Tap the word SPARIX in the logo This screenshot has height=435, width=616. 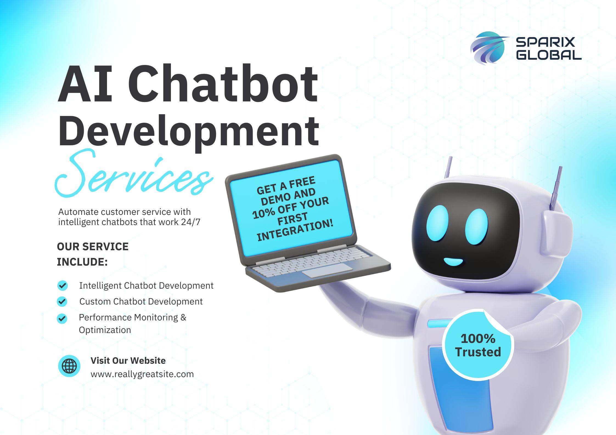(545, 42)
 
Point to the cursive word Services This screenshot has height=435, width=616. (134, 174)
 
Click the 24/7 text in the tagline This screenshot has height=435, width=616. (191, 222)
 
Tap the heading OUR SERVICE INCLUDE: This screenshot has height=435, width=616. (93, 254)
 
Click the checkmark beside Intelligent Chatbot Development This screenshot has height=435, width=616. (62, 286)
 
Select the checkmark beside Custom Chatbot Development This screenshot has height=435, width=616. (62, 302)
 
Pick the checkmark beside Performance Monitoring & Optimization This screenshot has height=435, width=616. (62, 319)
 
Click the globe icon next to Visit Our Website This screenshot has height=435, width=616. (69, 366)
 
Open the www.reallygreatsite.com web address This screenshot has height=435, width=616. (142, 374)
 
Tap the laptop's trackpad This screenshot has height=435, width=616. (328, 271)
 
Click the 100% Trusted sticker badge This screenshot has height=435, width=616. (478, 345)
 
